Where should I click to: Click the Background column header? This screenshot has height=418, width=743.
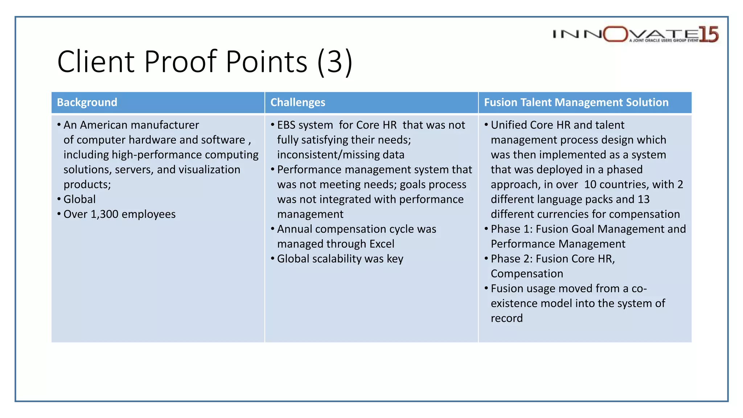coord(87,103)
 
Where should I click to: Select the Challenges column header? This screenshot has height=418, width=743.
coord(298,103)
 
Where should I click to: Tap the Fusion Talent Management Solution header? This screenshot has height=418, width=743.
coord(576,103)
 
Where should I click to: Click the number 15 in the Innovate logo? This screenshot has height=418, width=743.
coord(709,34)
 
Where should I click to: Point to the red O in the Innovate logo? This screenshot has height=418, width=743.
coord(616,34)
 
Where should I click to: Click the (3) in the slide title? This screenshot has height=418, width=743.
coord(334,62)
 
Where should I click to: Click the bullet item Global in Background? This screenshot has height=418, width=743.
coord(79,199)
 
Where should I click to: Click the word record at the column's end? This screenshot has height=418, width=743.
coord(506,318)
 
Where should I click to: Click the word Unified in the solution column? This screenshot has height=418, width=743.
coord(509,125)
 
